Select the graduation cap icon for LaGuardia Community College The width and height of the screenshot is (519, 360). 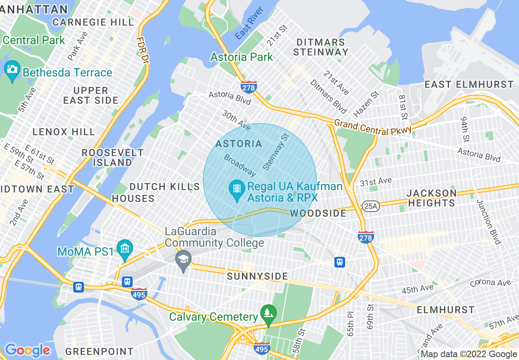click(x=183, y=259)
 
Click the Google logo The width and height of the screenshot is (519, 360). click(x=27, y=350)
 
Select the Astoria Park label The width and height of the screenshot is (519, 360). click(x=241, y=57)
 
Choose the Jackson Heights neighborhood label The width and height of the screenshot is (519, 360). click(x=432, y=198)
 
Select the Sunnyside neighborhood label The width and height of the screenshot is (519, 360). click(x=257, y=277)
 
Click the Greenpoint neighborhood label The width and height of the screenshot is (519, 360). click(x=99, y=351)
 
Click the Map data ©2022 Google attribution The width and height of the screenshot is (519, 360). click(x=469, y=354)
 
